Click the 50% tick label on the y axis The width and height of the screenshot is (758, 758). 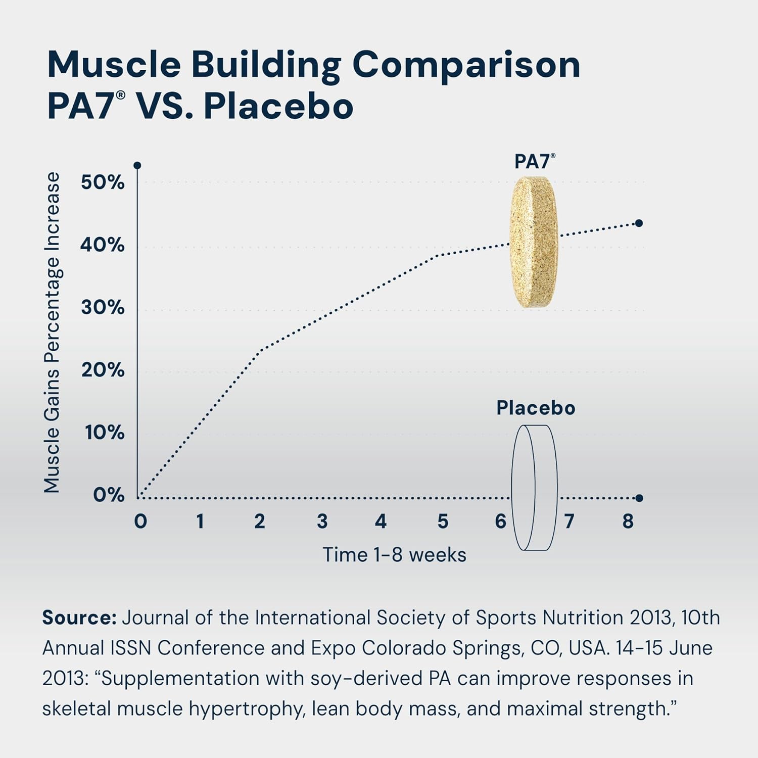click(103, 182)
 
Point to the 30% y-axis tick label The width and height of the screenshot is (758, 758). click(103, 307)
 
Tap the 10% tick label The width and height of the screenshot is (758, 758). click(104, 433)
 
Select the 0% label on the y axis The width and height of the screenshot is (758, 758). click(109, 495)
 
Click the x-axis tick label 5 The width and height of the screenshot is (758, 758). click(443, 522)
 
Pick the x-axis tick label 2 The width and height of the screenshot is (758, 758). click(259, 522)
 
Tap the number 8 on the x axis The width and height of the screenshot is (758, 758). click(628, 522)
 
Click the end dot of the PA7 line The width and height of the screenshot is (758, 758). click(639, 223)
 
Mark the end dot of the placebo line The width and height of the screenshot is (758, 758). click(639, 498)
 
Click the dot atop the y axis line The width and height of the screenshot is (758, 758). click(137, 166)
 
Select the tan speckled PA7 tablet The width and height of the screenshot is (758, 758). click(534, 243)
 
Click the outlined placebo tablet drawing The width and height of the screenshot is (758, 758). click(534, 488)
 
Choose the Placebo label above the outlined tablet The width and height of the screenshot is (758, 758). click(536, 408)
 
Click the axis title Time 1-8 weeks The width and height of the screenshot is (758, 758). click(394, 555)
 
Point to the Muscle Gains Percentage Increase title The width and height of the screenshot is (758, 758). click(52, 332)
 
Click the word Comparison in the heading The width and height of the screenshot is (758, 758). click(466, 65)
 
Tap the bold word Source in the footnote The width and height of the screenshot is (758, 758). click(79, 618)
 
